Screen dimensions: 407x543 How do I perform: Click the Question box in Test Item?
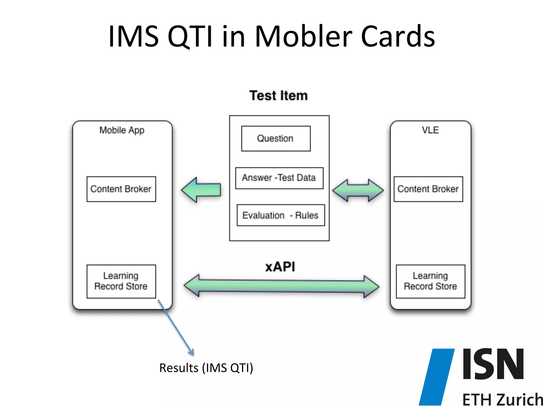(x=276, y=139)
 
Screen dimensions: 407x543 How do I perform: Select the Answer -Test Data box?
(x=279, y=178)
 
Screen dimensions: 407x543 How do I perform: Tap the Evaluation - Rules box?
(x=281, y=215)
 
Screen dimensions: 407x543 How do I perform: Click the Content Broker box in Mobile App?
(x=121, y=189)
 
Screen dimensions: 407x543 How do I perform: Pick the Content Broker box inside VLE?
(x=428, y=189)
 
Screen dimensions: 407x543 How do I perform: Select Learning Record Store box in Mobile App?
(x=121, y=281)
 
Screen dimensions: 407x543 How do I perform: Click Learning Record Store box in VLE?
(x=430, y=281)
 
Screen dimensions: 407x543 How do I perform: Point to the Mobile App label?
(x=122, y=130)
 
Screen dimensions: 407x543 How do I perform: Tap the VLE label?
(x=430, y=130)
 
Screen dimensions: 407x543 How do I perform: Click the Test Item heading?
(x=278, y=96)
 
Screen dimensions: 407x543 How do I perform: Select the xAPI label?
(x=280, y=267)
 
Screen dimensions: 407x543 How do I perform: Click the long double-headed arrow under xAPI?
(x=281, y=286)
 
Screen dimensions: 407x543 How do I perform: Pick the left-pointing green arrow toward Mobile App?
(x=202, y=190)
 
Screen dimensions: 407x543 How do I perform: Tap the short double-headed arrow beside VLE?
(x=358, y=190)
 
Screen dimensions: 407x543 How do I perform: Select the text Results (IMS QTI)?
(x=206, y=368)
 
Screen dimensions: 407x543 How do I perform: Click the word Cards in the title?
(x=398, y=37)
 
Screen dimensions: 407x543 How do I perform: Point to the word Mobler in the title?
(x=303, y=37)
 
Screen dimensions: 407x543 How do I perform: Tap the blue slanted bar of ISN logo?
(x=437, y=376)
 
